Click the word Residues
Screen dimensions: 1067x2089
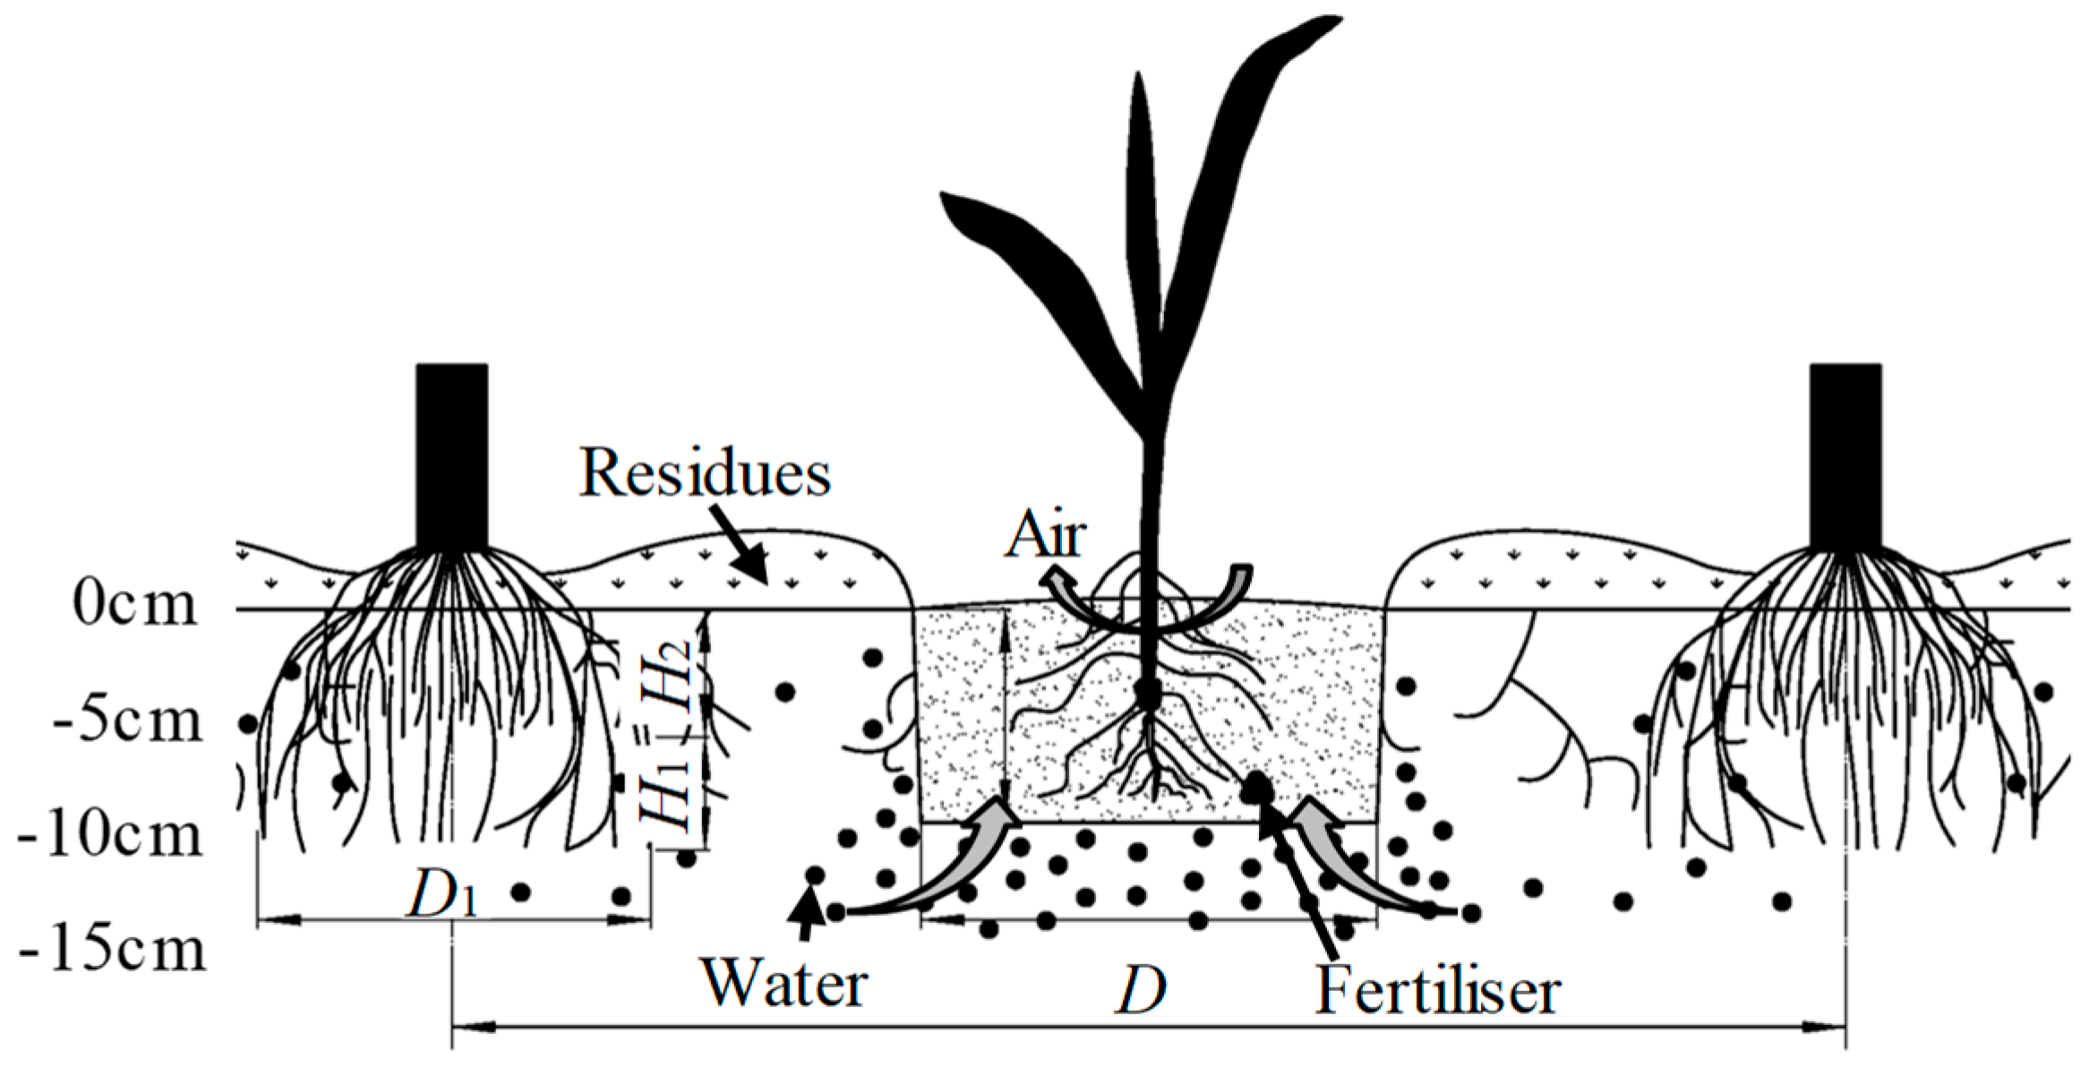coord(705,473)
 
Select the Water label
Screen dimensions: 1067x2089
coord(784,984)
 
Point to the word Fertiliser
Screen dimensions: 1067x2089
coord(1437,992)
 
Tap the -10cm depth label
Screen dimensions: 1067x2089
coord(112,837)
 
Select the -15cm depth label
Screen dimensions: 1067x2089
coord(112,951)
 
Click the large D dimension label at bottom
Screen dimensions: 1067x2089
coord(1140,990)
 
